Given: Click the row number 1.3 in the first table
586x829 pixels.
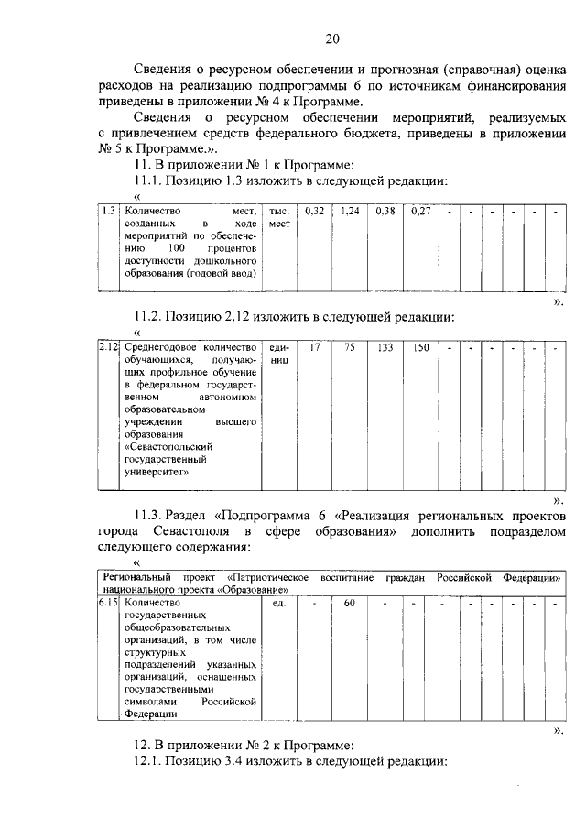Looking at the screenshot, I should (108, 211).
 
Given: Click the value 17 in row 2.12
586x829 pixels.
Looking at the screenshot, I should (314, 348).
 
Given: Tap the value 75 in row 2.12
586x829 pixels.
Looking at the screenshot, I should (349, 348).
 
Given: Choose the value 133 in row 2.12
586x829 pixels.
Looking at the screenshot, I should (385, 348).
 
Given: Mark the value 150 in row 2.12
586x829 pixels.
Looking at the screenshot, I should (420, 348).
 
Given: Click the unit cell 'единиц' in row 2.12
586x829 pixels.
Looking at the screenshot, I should (279, 355).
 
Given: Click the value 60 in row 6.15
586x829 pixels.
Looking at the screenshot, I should (349, 605).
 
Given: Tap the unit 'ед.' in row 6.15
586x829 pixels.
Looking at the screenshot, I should (280, 605).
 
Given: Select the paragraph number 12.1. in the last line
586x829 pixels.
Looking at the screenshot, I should (152, 762).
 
